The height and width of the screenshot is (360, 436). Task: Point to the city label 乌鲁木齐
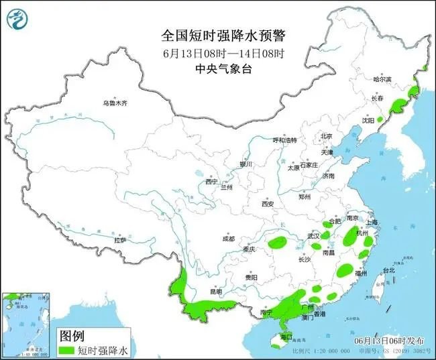click(115, 104)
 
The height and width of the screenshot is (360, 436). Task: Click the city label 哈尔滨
click(382, 79)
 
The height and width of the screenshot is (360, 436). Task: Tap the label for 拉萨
click(120, 240)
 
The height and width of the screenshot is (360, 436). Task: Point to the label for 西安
click(269, 204)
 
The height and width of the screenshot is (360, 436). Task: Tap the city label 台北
click(389, 270)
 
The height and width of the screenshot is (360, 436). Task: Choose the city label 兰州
click(230, 186)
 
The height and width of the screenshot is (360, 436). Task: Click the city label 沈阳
click(368, 121)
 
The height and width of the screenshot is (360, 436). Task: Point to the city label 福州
click(361, 274)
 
